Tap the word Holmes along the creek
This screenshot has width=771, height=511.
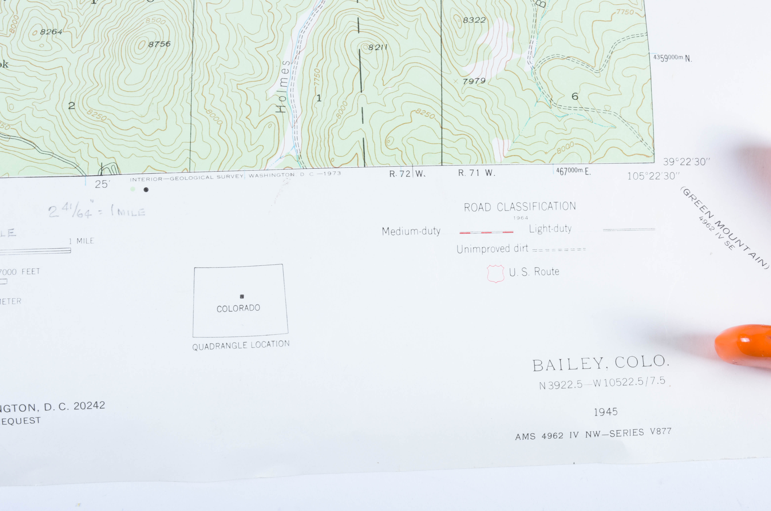(x=282, y=86)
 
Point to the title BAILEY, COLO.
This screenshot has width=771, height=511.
(x=601, y=363)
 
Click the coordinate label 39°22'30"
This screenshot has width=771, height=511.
(x=686, y=162)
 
